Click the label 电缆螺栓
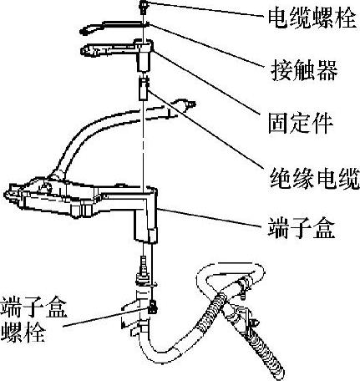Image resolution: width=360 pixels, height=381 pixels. [312, 18]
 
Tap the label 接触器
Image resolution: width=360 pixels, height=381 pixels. [304, 70]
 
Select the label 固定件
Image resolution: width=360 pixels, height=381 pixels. [301, 123]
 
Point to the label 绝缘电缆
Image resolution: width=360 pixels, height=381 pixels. [315, 178]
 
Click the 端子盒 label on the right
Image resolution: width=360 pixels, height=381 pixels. [301, 228]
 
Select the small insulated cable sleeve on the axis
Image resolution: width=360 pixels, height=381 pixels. [144, 89]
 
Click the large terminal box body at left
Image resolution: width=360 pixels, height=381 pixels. [81, 199]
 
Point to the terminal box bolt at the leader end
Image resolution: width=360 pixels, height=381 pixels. [152, 307]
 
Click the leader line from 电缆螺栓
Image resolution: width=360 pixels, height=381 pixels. [205, 10]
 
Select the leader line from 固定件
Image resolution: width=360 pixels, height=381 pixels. [205, 83]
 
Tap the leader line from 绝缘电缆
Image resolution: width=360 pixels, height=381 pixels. [204, 130]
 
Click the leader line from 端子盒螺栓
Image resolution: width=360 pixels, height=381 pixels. [107, 317]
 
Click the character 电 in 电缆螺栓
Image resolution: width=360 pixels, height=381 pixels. [278, 18]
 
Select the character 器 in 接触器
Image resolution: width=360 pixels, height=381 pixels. [327, 70]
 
